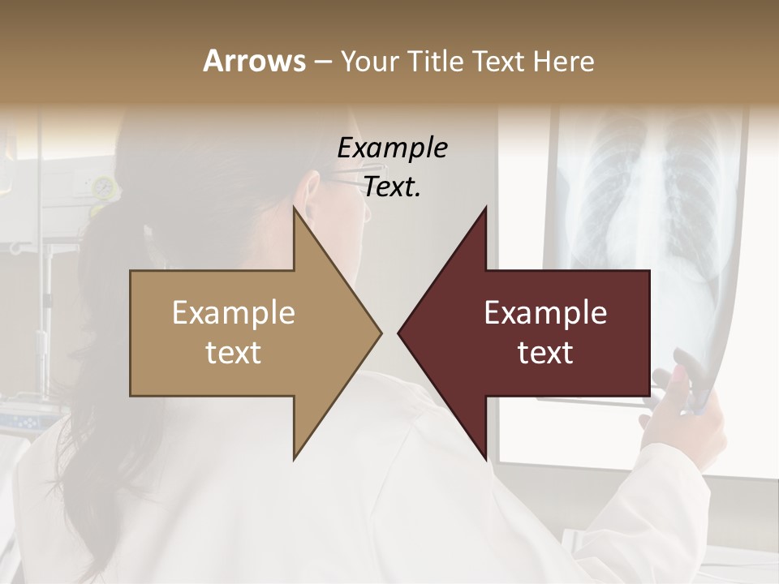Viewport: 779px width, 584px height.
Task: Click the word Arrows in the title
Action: (254, 61)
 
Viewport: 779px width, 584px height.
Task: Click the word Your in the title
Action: (369, 61)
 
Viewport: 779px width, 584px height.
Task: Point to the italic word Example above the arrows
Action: (392, 148)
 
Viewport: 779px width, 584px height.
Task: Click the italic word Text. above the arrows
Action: (392, 187)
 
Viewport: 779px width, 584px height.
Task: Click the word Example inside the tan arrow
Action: (234, 313)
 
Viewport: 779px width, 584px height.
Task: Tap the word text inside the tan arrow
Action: (234, 353)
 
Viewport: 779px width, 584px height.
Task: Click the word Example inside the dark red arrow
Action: (545, 313)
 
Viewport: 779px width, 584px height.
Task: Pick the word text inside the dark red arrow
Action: (545, 353)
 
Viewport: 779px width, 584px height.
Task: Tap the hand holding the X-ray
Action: (682, 406)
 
